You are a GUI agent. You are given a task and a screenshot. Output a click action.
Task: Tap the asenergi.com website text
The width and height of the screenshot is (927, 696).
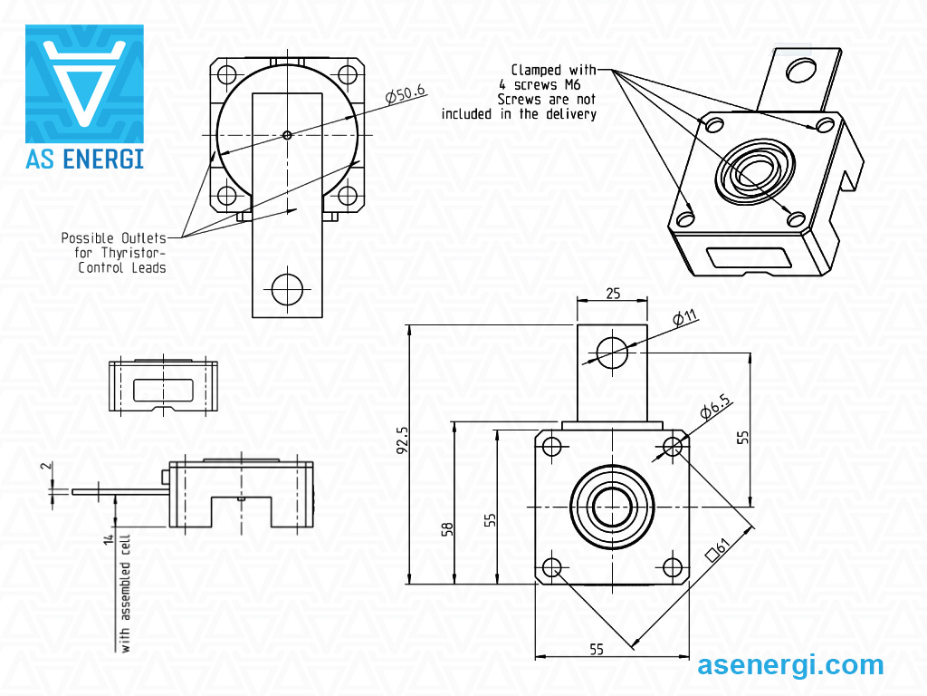pyautogui.click(x=790, y=665)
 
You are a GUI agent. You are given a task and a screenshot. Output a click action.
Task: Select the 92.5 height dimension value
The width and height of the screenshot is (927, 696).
pyautogui.click(x=402, y=441)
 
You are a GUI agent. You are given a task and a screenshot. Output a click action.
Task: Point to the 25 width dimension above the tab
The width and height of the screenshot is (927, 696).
pyautogui.click(x=613, y=294)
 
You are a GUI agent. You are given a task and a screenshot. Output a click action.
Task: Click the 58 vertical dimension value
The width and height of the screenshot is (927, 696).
pyautogui.click(x=446, y=527)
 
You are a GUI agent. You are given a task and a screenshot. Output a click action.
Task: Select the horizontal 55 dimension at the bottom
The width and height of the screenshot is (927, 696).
pyautogui.click(x=597, y=649)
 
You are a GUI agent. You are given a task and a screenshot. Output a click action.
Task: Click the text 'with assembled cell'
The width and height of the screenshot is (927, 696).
pyautogui.click(x=126, y=593)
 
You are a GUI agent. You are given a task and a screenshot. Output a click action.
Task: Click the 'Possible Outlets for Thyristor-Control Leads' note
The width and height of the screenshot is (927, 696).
pyautogui.click(x=114, y=253)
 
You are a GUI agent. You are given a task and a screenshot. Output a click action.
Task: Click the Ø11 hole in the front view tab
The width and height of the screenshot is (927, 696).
pyautogui.click(x=613, y=352)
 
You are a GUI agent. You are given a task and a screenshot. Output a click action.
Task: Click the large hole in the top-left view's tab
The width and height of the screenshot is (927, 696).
pyautogui.click(x=287, y=288)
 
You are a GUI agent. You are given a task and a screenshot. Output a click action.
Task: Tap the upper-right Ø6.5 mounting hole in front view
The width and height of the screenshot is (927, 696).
pyautogui.click(x=673, y=446)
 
